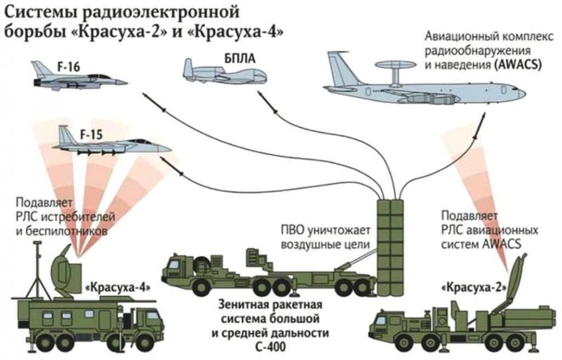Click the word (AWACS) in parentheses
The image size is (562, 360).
(x=518, y=65)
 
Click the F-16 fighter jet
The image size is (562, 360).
(x=80, y=80)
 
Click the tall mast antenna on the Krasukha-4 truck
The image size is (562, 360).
(x=39, y=269)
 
